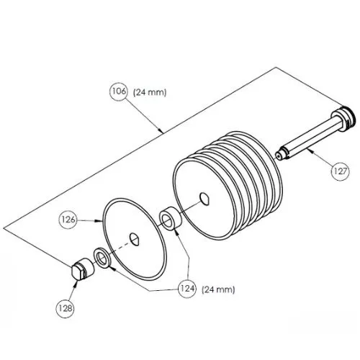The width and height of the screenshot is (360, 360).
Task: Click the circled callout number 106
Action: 119,91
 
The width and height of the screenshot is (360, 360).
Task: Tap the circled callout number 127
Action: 341,171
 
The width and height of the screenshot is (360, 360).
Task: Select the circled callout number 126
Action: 68,220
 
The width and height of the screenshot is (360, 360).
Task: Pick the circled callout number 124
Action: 187,289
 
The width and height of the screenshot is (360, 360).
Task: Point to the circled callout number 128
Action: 65,309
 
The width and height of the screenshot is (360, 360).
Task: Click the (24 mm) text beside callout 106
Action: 150,92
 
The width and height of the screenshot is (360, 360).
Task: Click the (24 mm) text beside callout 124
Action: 218,289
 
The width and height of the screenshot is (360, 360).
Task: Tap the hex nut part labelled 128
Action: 83,269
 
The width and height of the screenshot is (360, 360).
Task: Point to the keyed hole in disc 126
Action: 135,239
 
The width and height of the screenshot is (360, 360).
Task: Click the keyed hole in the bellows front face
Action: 205,199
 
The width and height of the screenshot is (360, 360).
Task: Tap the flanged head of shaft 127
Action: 346,117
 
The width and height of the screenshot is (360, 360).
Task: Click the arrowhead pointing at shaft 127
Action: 310,150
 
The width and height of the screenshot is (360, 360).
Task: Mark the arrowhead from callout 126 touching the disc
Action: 99,220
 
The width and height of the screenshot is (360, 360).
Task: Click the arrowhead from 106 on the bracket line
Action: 161,130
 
